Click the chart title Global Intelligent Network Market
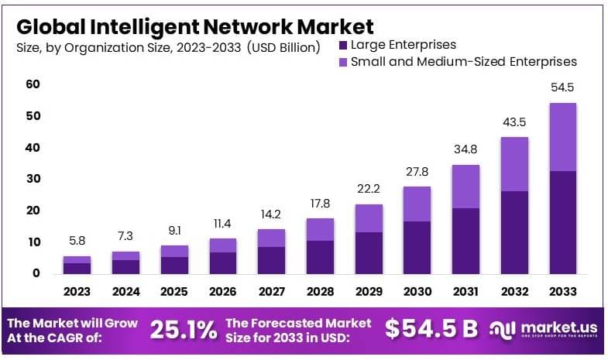[194, 27]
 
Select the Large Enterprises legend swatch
[344, 45]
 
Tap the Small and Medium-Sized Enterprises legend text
[464, 62]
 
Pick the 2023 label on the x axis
[77, 292]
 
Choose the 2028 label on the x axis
[320, 292]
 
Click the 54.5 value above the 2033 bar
[563, 87]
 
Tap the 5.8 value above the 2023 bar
[77, 242]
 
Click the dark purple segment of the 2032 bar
[514, 231]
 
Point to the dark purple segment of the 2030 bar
[417, 247]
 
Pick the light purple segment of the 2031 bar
[465, 187]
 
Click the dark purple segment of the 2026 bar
[223, 262]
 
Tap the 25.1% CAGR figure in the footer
[183, 330]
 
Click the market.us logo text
[555, 328]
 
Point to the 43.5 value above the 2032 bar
[514, 122]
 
